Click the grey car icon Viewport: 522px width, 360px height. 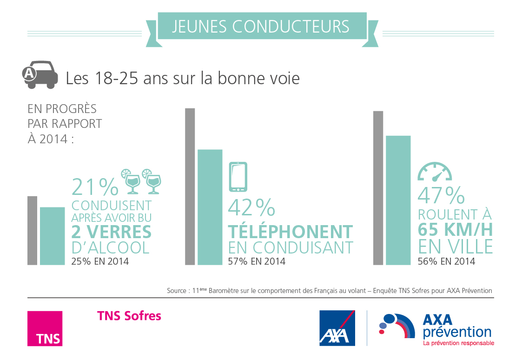(41, 74)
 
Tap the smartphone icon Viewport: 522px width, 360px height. (238, 177)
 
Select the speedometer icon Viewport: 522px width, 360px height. (435, 172)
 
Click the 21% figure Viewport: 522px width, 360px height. (95, 187)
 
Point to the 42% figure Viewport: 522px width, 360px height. (251, 208)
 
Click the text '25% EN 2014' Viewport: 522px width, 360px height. (100, 261)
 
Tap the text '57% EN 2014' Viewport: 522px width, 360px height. (257, 261)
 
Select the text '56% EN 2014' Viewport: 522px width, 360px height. (446, 261)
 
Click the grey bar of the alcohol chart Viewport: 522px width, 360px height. (32, 230)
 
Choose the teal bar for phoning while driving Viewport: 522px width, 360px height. (210, 207)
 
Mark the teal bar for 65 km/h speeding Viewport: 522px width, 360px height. (398, 200)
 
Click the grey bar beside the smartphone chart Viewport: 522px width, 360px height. (190, 187)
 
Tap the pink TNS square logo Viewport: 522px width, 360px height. (45, 328)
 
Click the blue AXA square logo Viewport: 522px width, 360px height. (337, 328)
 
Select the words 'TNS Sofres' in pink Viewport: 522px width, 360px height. (129, 316)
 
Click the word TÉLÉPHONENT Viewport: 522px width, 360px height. (291, 232)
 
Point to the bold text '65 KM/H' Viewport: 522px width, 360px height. (455, 230)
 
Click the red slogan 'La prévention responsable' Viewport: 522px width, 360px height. (458, 343)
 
